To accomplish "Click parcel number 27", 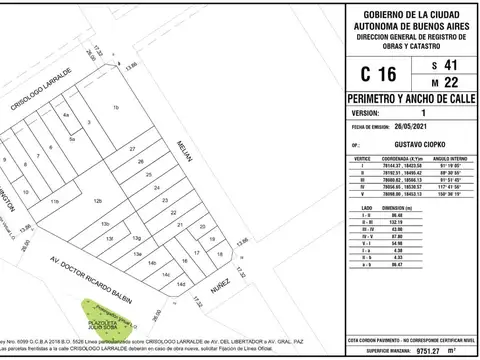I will [132, 149].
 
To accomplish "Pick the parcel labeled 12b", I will [97, 202].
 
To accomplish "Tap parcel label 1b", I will [116, 106].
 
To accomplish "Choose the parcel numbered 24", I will [155, 187].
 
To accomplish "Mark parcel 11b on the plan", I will [56, 202].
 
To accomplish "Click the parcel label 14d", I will [181, 285].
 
